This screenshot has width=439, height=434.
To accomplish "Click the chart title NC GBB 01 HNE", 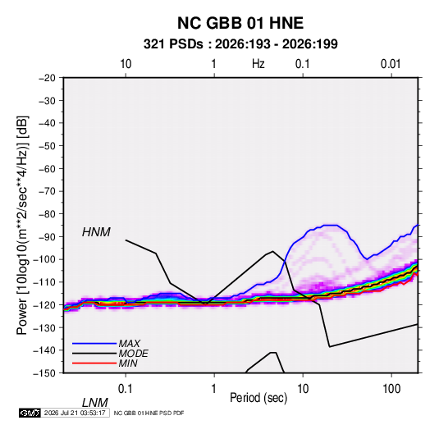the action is [240, 23].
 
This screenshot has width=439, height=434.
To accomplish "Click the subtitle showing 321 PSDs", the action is [240, 44].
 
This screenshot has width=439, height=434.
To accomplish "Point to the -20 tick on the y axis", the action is [47, 78].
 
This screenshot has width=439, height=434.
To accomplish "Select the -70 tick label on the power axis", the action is [47, 191].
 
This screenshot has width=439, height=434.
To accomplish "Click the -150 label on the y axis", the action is [44, 373].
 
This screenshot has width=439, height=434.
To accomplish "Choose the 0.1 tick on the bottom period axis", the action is [125, 389].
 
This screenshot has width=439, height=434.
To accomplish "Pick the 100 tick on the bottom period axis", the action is [391, 389].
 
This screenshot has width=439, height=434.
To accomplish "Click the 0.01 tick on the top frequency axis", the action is [391, 64].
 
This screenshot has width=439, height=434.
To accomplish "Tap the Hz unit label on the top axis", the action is [258, 64].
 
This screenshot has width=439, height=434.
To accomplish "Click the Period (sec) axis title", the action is [258, 398].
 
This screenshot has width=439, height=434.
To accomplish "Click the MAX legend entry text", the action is [129, 343].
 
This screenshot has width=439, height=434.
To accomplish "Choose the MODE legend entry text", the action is [133, 354].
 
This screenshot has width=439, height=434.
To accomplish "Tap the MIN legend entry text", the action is [128, 363].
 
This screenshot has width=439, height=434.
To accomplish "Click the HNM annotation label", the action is [96, 232].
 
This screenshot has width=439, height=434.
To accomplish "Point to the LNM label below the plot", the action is [94, 403].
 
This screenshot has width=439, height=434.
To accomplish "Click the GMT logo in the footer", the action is [30, 413].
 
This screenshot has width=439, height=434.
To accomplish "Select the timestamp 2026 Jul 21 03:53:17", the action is [75, 413].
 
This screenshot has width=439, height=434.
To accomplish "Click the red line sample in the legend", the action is [94, 363].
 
